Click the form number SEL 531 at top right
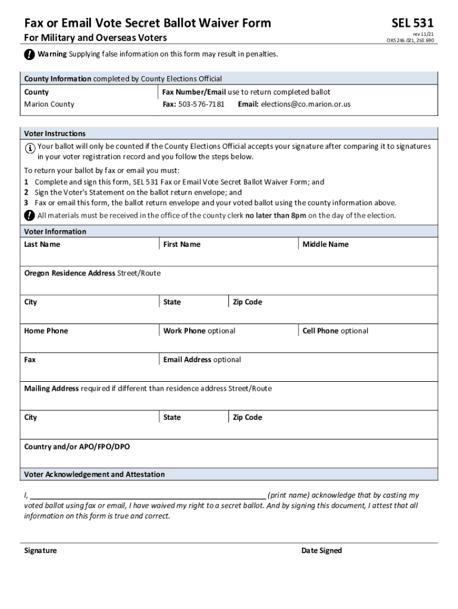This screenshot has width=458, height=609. [x=412, y=23]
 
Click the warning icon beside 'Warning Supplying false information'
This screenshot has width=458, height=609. [x=29, y=55]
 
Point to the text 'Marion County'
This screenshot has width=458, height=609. [x=49, y=104]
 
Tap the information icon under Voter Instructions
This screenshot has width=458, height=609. [x=30, y=147]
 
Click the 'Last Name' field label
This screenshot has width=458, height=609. [x=42, y=244]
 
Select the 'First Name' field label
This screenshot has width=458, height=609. [x=181, y=244]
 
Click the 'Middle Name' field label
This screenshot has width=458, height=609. [x=325, y=244]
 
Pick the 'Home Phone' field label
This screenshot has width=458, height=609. [x=46, y=331]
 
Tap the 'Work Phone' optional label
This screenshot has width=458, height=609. [x=199, y=331]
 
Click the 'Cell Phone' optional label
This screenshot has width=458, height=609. [x=335, y=331]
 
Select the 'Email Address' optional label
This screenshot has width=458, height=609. [x=202, y=360]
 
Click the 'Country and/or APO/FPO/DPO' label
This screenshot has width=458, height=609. [x=76, y=446]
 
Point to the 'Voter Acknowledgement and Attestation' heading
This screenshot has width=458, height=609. [x=94, y=475]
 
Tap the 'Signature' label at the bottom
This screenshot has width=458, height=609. [x=40, y=551]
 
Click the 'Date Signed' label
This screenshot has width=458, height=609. [x=321, y=551]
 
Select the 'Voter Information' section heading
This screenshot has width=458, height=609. [x=55, y=231]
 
